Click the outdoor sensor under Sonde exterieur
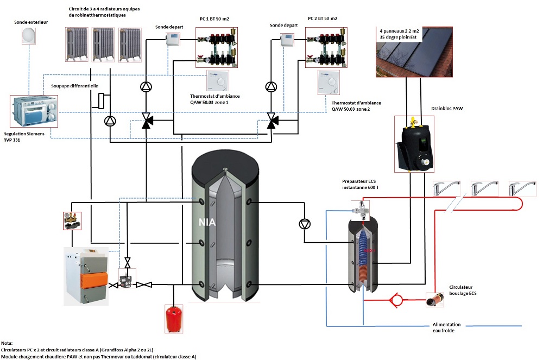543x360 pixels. pos(28,36)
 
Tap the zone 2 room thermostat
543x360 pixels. pos(330,83)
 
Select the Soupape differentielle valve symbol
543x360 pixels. pos(102,100)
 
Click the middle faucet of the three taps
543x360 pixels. pos(481,189)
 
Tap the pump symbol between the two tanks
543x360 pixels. pos(304,224)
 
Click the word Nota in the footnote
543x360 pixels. pos(8,343)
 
